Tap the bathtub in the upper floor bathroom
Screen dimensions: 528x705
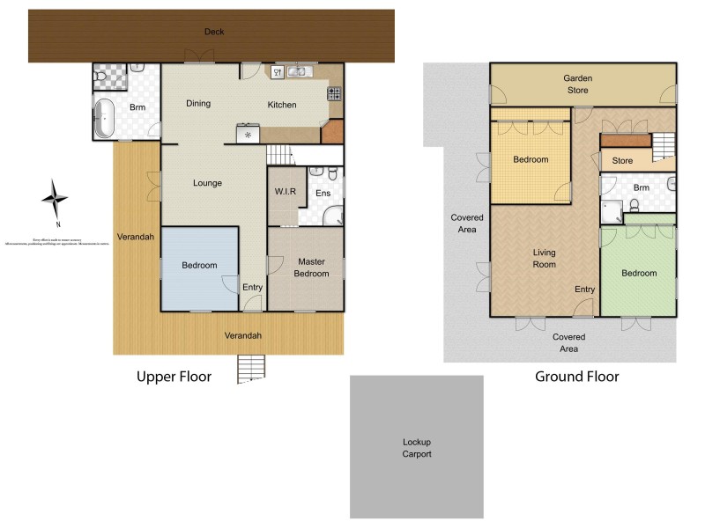click(104, 119)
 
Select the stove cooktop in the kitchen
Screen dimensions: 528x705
click(335, 92)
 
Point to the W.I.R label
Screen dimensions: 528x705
click(284, 191)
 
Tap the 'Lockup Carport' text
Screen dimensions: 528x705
click(417, 448)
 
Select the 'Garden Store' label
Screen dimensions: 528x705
click(578, 84)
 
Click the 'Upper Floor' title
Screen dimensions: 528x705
click(174, 377)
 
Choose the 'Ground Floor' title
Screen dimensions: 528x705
click(577, 377)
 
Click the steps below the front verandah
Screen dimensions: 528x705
click(251, 369)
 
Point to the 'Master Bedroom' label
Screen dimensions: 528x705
click(312, 268)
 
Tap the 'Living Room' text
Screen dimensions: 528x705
click(545, 258)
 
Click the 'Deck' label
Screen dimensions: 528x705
click(214, 32)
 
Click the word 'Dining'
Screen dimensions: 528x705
click(198, 104)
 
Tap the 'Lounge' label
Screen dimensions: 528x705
click(208, 183)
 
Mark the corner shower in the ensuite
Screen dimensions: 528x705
click(332, 214)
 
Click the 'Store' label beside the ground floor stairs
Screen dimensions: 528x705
click(622, 161)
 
